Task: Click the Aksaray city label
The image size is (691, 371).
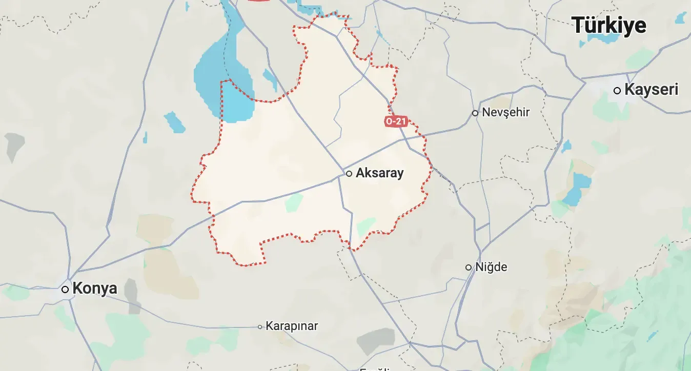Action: tap(379, 173)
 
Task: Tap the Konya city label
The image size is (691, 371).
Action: tap(95, 288)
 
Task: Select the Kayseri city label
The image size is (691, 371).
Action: tap(651, 90)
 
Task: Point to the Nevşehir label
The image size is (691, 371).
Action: tap(505, 112)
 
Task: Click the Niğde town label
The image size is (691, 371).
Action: tap(491, 267)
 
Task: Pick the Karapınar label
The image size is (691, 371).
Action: tap(292, 326)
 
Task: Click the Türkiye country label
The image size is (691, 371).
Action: tap(609, 25)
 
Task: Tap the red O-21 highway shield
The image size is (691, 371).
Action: tap(396, 121)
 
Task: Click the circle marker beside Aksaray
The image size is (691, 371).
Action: tap(349, 174)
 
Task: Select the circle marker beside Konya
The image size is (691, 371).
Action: tap(65, 290)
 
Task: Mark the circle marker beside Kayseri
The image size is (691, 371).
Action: tap(617, 91)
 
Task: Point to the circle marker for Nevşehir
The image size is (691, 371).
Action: tap(475, 113)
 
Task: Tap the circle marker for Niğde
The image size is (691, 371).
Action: tap(469, 267)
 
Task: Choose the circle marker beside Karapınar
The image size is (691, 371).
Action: tap(260, 326)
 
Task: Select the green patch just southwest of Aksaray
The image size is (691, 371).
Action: tap(294, 202)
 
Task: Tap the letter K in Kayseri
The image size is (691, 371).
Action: tap(629, 90)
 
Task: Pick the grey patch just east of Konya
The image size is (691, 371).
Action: tap(131, 290)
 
